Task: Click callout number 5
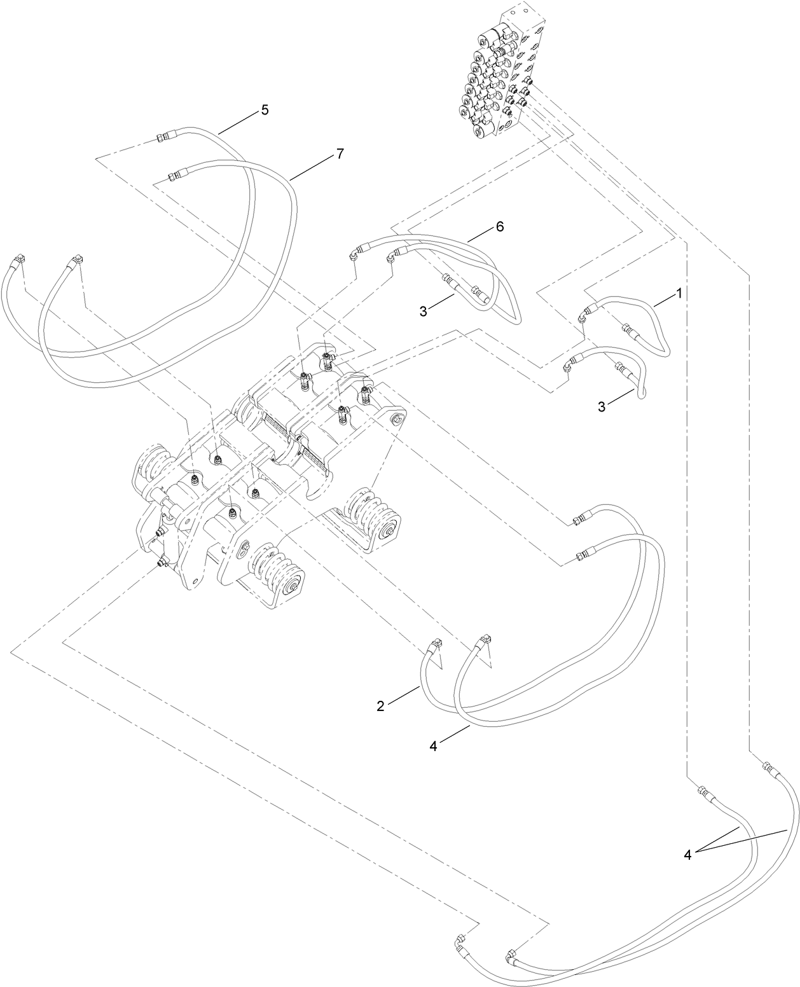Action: point(264,110)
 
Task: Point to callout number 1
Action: point(679,293)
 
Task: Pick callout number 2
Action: point(380,706)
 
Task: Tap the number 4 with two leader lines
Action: point(687,855)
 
